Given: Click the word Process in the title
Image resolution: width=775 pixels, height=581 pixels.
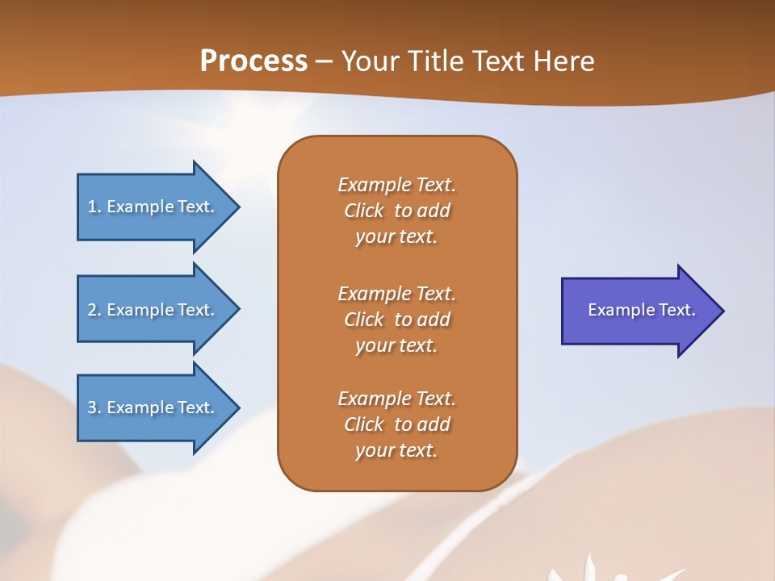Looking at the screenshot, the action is [x=253, y=61].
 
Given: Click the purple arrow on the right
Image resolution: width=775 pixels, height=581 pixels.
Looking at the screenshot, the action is [x=643, y=311].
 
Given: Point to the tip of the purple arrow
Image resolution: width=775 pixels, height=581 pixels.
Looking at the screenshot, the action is [x=724, y=311].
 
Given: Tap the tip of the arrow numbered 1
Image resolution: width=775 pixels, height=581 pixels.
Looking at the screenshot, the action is [x=240, y=207].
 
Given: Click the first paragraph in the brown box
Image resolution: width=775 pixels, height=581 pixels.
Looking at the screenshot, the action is [x=397, y=211].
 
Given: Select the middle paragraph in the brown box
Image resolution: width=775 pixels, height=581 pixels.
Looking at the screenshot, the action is [x=397, y=320].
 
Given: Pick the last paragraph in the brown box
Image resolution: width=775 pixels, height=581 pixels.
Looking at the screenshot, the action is [x=397, y=424].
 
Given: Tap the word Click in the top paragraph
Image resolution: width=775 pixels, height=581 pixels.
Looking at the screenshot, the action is [x=364, y=211].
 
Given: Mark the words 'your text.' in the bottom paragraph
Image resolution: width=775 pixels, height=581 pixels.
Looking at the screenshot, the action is [x=396, y=450].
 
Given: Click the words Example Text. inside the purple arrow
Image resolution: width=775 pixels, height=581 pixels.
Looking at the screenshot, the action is [x=642, y=310].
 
